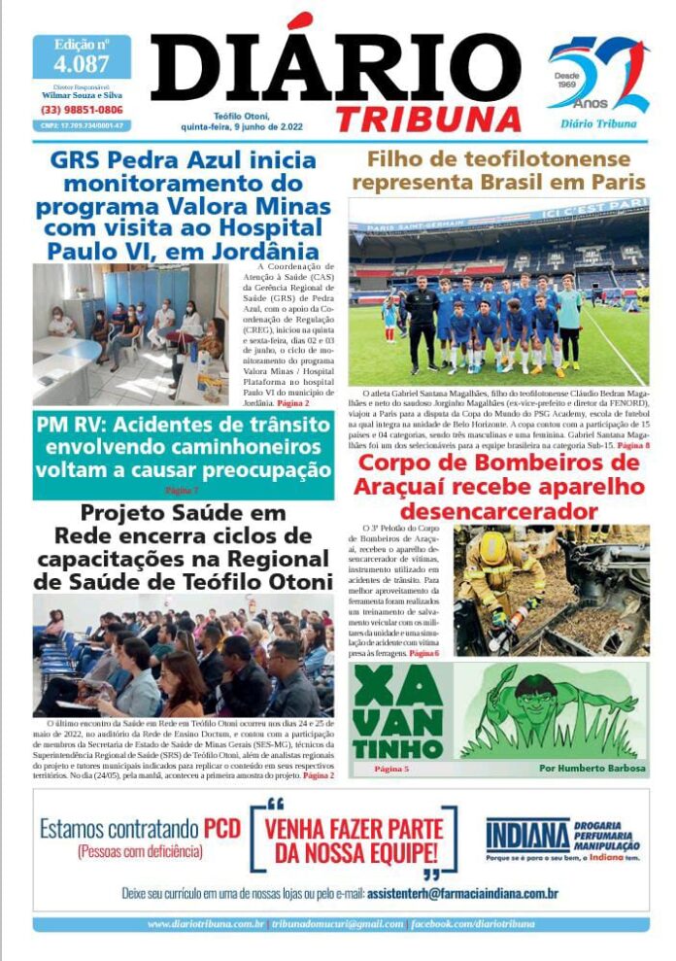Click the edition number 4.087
point(82,65)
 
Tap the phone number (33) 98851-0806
point(82,110)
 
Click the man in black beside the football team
point(422,321)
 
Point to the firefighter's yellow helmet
point(494,548)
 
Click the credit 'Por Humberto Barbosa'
point(591,768)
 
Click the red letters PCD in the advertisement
point(223,829)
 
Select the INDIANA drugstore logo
point(527,835)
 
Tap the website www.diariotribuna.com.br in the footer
point(206,924)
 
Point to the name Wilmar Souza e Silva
point(82,96)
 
